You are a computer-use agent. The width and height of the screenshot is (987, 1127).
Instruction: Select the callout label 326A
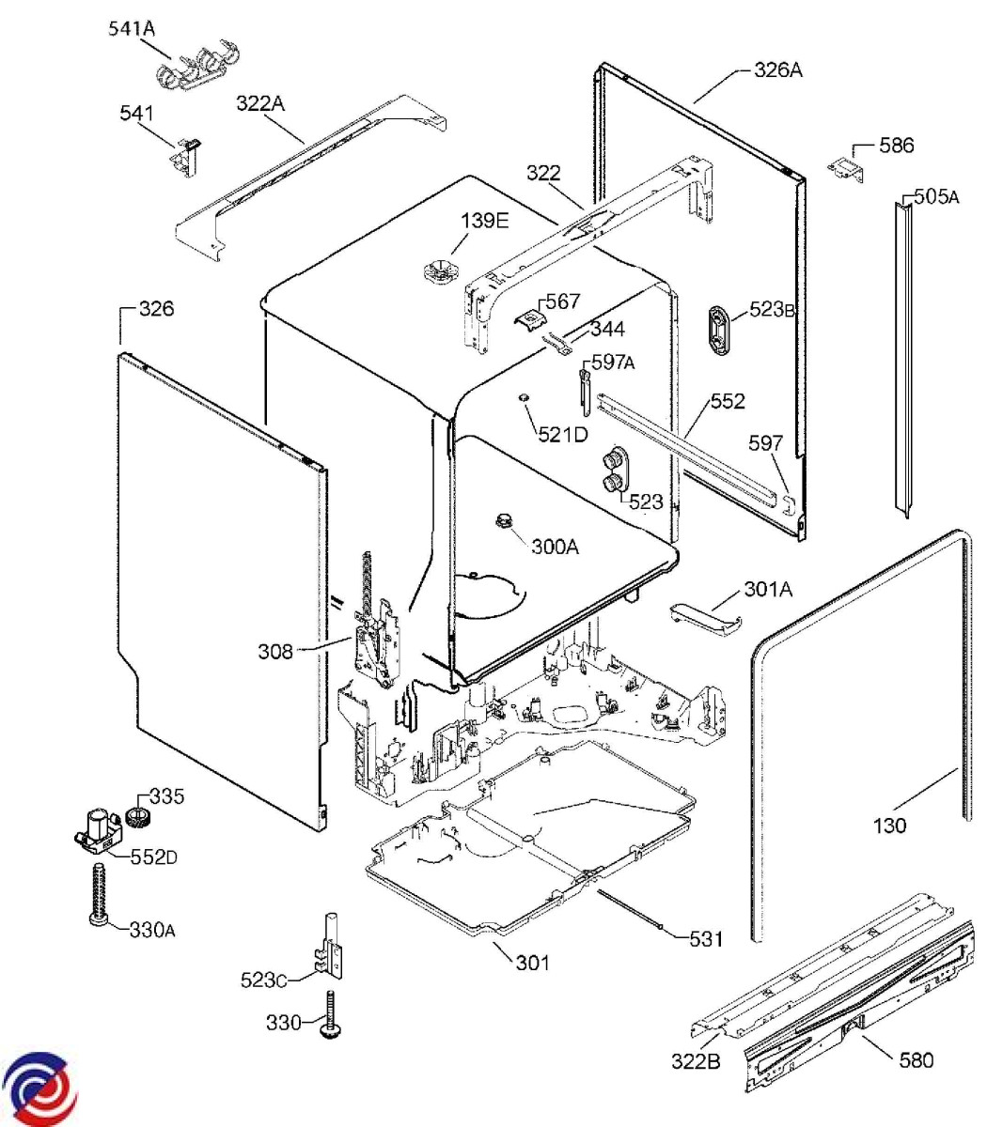click(777, 69)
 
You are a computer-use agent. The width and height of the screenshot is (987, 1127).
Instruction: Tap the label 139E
click(484, 221)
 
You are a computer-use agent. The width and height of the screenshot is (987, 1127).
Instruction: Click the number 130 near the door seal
click(889, 826)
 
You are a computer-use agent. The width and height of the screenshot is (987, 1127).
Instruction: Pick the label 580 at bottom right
click(916, 1060)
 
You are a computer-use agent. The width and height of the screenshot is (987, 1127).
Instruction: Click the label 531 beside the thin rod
click(706, 938)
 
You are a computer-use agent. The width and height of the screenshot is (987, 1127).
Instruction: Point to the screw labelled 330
click(331, 1015)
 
